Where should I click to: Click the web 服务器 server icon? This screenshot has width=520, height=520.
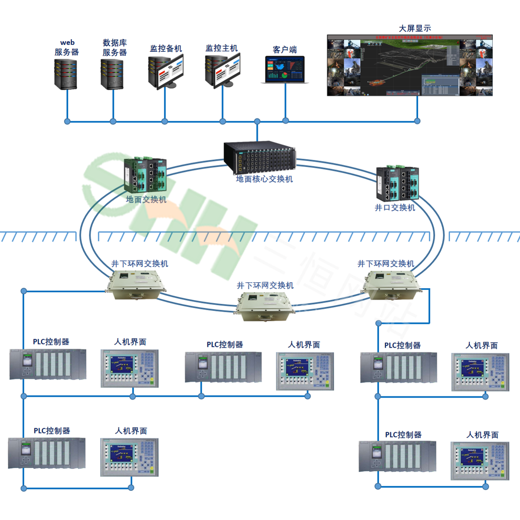[66, 74]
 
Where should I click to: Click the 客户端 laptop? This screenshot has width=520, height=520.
[285, 69]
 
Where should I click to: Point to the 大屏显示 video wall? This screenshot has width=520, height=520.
[410, 65]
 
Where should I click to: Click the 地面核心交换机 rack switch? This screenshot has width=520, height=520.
[260, 157]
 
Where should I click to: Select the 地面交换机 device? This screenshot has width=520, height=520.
[145, 175]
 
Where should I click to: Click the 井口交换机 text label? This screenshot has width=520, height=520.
[395, 208]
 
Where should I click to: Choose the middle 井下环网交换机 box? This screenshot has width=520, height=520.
[264, 306]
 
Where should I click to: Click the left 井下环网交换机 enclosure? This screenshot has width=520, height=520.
[137, 284]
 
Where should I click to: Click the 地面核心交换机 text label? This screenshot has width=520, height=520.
[264, 179]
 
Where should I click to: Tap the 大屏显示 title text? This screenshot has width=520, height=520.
[415, 28]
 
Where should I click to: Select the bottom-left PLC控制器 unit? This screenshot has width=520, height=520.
[47, 453]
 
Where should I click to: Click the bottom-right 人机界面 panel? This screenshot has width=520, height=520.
[480, 461]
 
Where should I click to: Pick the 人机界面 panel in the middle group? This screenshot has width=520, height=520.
[305, 371]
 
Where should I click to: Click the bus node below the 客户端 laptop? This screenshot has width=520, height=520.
[285, 121]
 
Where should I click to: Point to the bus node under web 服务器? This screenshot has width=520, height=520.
[67, 122]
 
